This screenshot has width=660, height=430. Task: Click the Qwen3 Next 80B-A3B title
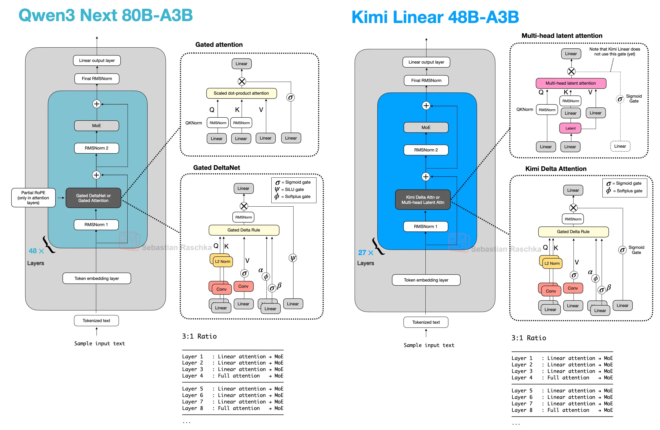[105, 15]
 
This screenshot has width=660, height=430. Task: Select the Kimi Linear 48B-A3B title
[435, 17]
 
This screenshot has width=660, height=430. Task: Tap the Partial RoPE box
[33, 197]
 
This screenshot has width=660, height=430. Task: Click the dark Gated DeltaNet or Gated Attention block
[94, 198]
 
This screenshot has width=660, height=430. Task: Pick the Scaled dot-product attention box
[241, 93]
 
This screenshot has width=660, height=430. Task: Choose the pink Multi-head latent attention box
[571, 83]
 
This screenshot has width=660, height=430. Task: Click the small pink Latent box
[571, 128]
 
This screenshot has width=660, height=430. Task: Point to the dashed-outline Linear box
[620, 146]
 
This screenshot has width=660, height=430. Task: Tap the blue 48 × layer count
[36, 251]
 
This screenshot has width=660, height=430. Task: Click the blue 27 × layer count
[365, 252]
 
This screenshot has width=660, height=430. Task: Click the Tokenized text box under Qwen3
[96, 320]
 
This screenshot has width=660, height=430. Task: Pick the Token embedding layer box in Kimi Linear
[426, 280]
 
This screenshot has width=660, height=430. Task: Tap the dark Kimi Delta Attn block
[423, 200]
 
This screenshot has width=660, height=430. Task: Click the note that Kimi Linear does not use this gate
[615, 52]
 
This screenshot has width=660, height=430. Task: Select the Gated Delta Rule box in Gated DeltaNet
[244, 230]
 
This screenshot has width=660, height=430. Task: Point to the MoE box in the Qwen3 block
[96, 126]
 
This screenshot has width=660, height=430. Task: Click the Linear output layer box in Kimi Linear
[426, 62]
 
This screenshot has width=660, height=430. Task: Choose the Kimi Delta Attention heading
[556, 169]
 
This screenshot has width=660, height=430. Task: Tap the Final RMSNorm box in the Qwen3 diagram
[97, 78]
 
